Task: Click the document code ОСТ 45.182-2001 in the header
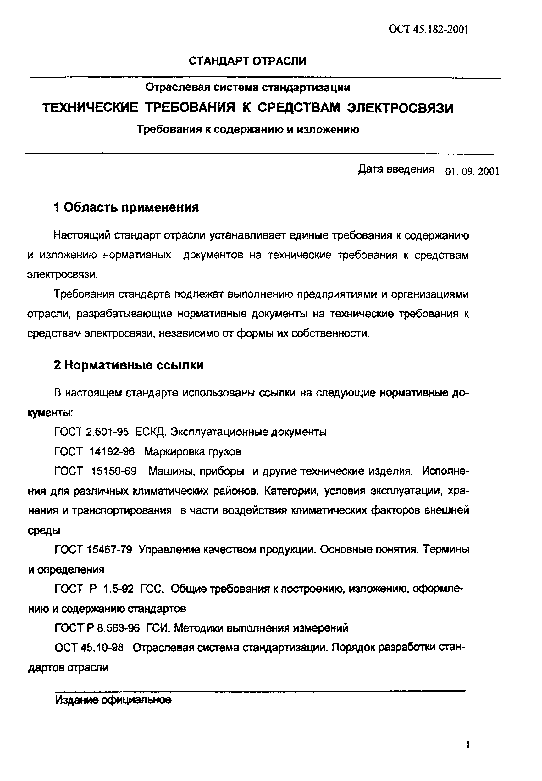click(x=429, y=30)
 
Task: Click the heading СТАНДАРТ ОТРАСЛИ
click(x=247, y=61)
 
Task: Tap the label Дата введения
click(x=396, y=169)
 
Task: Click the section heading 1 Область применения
click(x=126, y=207)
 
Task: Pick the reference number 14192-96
click(x=112, y=452)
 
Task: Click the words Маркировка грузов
click(x=192, y=452)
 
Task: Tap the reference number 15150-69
click(x=114, y=471)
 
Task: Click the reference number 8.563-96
click(x=118, y=628)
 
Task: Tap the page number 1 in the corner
click(x=468, y=745)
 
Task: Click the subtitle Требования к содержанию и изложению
click(x=247, y=130)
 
